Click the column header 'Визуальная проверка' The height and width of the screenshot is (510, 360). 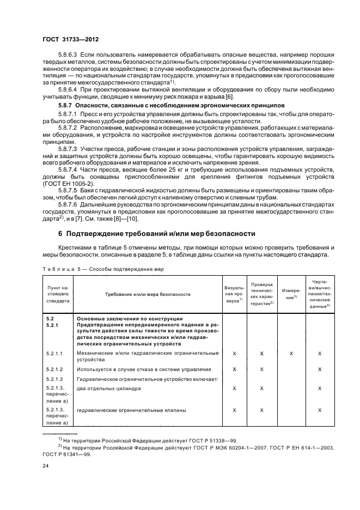pos(234,294)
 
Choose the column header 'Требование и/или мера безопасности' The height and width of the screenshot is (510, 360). pos(148,294)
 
